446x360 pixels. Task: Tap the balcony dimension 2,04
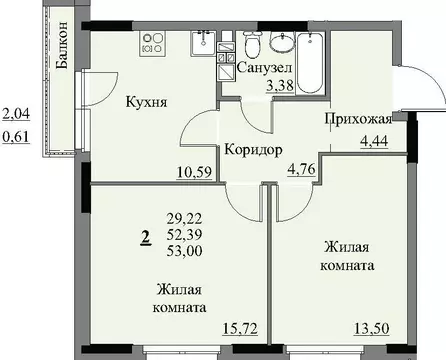point(16,115)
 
